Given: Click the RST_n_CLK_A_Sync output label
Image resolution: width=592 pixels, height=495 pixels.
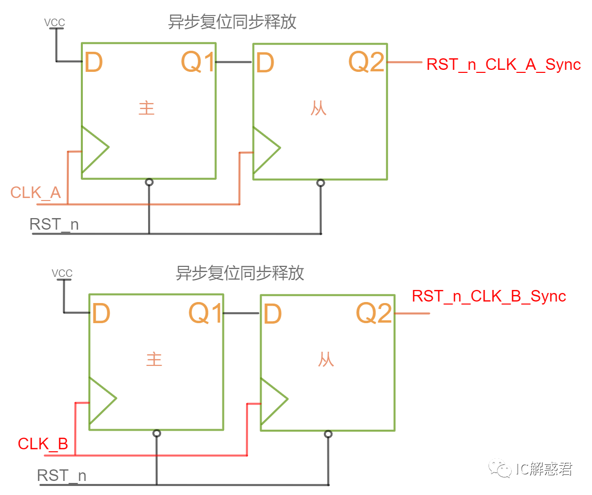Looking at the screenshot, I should [503, 65].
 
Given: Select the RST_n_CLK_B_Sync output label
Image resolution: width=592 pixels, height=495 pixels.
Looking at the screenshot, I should [489, 296].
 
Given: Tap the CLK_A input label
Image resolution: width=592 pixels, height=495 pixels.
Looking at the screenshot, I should [36, 192].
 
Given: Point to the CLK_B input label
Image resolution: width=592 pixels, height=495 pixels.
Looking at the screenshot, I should [43, 444].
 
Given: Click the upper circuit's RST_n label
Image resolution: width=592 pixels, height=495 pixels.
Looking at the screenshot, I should [54, 224].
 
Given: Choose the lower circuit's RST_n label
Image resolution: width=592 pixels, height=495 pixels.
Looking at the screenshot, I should [62, 475].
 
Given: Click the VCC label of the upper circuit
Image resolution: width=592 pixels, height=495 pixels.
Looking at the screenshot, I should [55, 23].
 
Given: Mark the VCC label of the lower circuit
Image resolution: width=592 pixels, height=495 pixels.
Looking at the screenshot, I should [62, 273].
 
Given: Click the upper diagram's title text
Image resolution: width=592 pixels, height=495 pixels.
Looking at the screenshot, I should [232, 22].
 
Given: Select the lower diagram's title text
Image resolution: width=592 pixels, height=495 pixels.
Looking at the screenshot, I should [240, 273].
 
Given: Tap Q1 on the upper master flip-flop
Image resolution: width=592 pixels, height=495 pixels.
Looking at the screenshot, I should [198, 62].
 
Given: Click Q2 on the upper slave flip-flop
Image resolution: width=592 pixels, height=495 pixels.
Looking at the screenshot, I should [367, 62].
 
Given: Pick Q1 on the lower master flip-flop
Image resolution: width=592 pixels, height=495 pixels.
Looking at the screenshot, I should [205, 314].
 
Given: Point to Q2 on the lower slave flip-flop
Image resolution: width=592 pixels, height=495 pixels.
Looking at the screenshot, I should [374, 314].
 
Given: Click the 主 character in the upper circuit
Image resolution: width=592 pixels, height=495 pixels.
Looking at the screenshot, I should [147, 109].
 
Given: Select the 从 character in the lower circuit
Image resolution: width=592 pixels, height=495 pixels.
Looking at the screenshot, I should [326, 360].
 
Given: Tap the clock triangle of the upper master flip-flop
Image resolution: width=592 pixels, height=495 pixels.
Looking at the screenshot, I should [93, 149].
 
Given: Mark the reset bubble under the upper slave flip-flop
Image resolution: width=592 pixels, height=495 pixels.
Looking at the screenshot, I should [321, 183].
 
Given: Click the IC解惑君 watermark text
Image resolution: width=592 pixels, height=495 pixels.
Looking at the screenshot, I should [544, 469].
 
